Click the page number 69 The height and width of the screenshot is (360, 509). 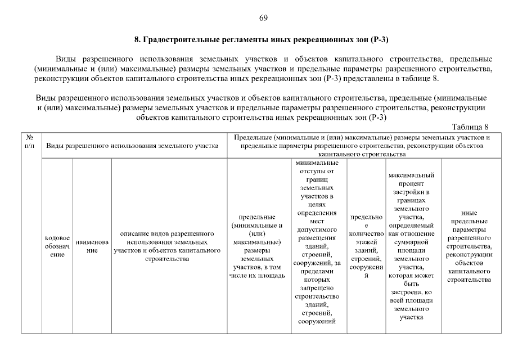[x=263, y=17]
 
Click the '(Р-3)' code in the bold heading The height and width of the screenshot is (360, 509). [x=380, y=40]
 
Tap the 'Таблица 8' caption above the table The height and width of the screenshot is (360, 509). [x=471, y=127]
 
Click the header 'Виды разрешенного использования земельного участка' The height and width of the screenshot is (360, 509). [x=132, y=146]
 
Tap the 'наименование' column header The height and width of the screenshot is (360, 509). [x=92, y=246]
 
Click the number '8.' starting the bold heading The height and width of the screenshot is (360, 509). [x=138, y=40]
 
